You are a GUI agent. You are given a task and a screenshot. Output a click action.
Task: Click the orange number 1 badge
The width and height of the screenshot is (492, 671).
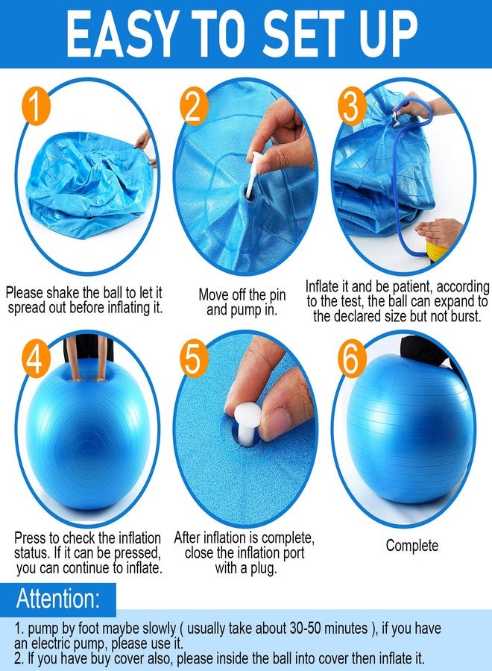(x=36, y=106)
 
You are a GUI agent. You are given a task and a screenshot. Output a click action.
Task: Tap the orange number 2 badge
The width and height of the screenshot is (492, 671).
(x=194, y=106)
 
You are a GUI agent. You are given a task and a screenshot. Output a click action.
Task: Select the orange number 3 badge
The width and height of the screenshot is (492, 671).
(x=352, y=106)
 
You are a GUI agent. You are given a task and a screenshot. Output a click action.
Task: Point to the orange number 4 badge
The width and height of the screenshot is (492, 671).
(x=36, y=359)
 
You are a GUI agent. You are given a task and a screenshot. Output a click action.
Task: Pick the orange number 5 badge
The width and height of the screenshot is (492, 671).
(x=194, y=359)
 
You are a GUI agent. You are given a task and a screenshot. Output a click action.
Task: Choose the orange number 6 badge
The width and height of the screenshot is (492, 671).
(x=352, y=359)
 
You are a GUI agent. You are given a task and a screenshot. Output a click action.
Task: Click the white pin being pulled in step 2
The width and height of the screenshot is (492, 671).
(x=255, y=171)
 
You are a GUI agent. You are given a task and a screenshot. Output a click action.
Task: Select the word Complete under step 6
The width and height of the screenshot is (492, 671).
(x=412, y=546)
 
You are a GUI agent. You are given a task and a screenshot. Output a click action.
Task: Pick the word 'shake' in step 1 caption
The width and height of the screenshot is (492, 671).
(x=63, y=293)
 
